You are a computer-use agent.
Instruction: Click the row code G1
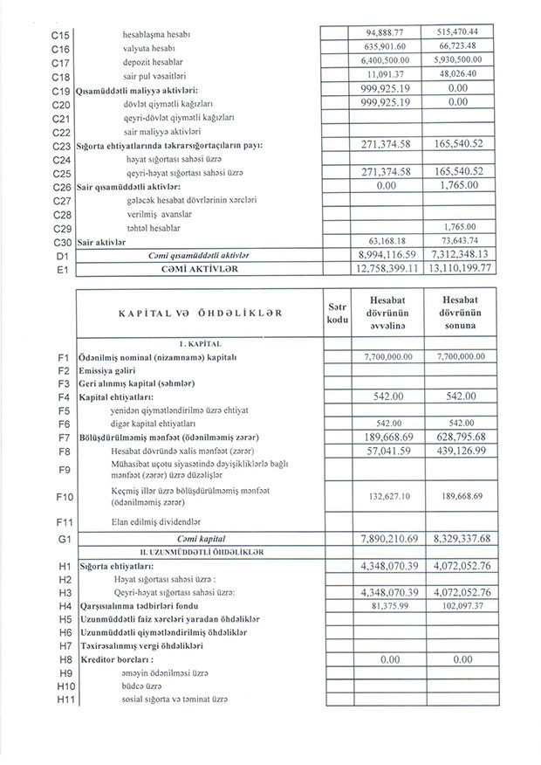tap(61, 541)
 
